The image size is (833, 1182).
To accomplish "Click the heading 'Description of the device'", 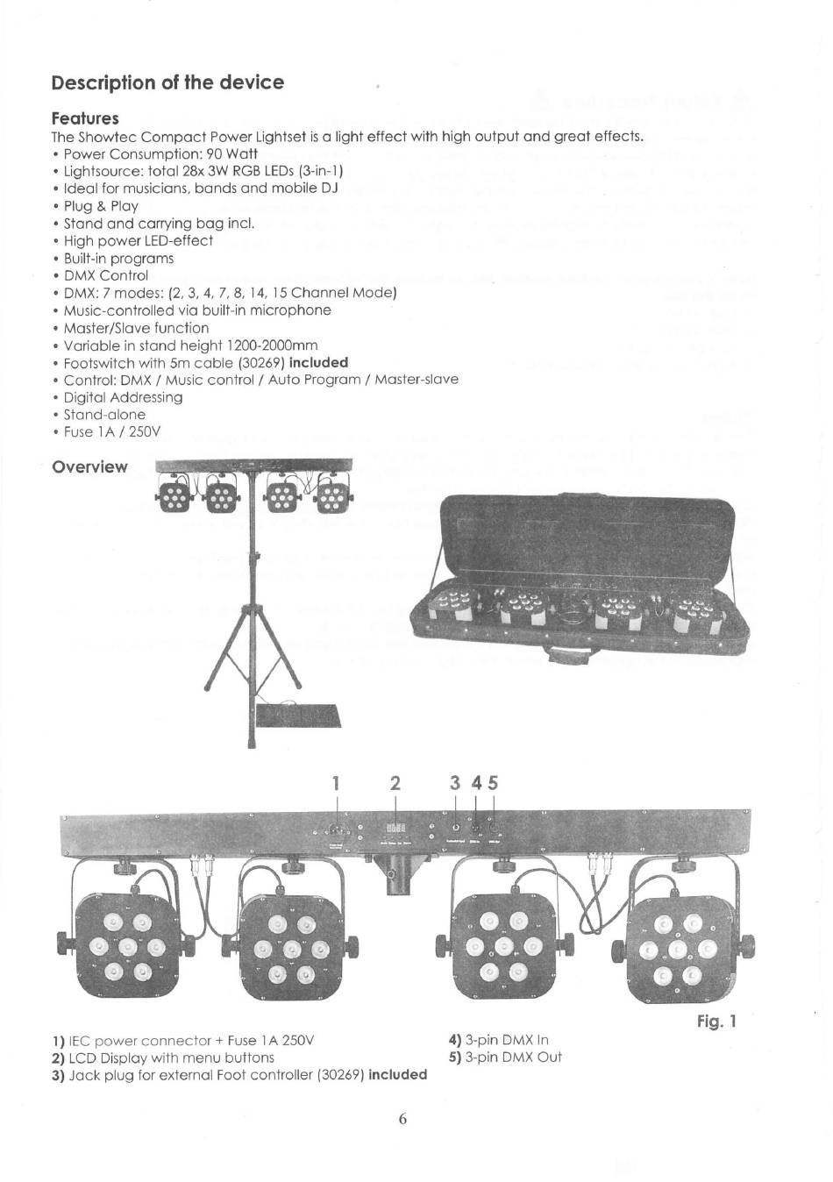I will pyautogui.click(x=167, y=82).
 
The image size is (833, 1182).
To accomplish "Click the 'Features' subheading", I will pyautogui.click(x=85, y=117).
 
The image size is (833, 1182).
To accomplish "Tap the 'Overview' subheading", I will pyautogui.click(x=89, y=466).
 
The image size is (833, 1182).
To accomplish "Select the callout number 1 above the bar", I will pyautogui.click(x=336, y=783).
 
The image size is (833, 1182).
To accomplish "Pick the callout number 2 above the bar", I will pyautogui.click(x=395, y=783).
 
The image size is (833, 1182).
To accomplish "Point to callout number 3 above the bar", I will pyautogui.click(x=454, y=783).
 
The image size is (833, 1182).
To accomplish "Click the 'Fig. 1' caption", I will pyautogui.click(x=717, y=1021).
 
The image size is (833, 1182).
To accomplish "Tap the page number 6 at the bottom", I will pyautogui.click(x=402, y=1118).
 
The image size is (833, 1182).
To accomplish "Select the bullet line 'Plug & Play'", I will pyautogui.click(x=100, y=206).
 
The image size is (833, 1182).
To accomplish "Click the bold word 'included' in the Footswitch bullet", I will pyautogui.click(x=318, y=362).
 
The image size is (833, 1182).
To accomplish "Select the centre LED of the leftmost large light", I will pyautogui.click(x=127, y=947).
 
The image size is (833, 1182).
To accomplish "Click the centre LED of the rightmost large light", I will pyautogui.click(x=677, y=951).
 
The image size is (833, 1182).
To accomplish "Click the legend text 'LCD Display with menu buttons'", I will pyautogui.click(x=171, y=1057).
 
